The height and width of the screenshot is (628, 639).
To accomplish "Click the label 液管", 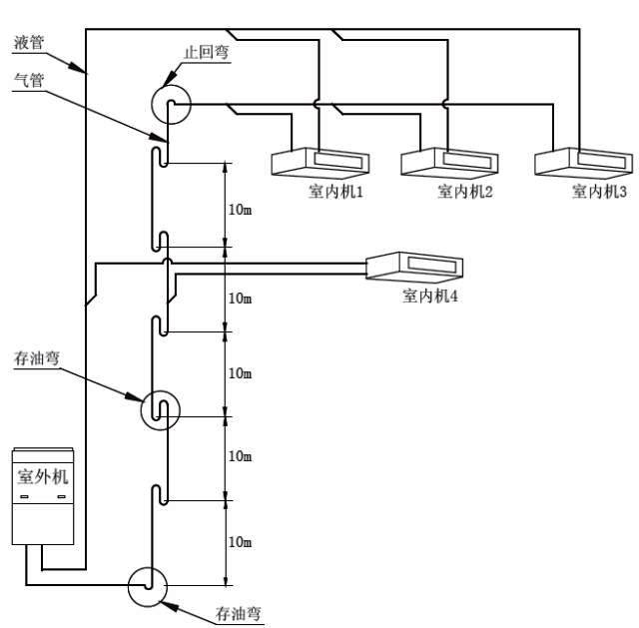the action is coord(29,42).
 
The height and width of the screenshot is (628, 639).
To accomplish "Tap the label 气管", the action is coord(29,80).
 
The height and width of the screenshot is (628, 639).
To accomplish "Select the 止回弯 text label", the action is coord(207,52).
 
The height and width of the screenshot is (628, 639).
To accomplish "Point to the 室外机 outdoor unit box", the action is coord(43,496).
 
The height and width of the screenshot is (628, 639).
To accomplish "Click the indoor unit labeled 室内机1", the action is coord(320,163).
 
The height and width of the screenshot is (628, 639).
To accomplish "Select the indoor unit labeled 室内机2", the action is coord(449,163).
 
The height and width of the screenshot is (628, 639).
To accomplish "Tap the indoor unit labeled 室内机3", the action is coord(583,163).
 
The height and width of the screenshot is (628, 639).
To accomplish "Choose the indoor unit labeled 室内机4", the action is coord(414,268).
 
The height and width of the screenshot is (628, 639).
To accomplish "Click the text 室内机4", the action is coord(430,296).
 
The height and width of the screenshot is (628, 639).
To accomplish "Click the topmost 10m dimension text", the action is coord(240,210).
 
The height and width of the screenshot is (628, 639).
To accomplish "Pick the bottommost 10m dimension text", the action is coord(240,542).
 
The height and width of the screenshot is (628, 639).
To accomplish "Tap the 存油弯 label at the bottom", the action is coord(238,613).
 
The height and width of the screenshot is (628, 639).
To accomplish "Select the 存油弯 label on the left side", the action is coord(37,358).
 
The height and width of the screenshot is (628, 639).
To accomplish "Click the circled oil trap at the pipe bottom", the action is coord(148,587).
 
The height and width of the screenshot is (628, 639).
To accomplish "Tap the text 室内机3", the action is coord(599,191).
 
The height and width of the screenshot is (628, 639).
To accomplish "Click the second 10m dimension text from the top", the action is coord(240,299).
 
